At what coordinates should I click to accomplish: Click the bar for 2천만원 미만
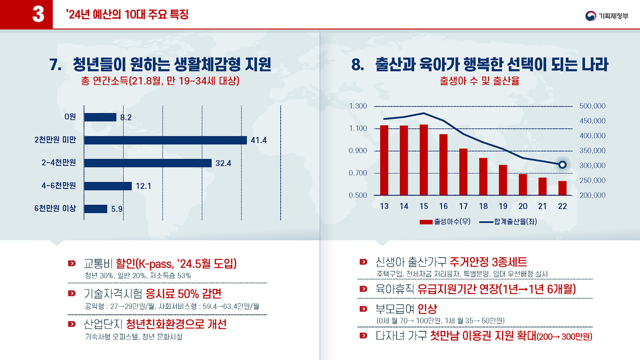pos(165,140)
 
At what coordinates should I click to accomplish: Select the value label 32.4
pos(223,163)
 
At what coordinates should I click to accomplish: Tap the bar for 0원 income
pos(100,117)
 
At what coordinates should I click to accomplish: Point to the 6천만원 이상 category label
pos(55,209)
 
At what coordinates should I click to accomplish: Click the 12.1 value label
pos(143,186)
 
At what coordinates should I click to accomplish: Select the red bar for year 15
pos(424,160)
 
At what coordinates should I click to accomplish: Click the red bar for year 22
pos(562,188)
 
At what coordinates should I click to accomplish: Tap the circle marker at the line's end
pos(562,165)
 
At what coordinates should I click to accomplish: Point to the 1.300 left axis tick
pos(358,106)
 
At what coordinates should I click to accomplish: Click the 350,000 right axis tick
pos(592,151)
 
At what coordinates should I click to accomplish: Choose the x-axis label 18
pos(483,206)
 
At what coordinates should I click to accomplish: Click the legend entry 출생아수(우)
pos(445,222)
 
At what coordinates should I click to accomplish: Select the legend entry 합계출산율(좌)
pos(508,222)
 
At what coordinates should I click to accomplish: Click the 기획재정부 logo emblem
pos(591,16)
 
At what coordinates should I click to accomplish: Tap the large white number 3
pos(38,14)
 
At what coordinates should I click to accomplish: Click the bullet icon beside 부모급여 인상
pos(363,309)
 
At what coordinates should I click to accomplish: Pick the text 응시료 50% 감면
pos(183,294)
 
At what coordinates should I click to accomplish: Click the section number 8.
pos(357,64)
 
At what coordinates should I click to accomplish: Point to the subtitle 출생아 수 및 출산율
pos(480,81)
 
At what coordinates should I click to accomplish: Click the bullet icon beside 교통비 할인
pos(72,263)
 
